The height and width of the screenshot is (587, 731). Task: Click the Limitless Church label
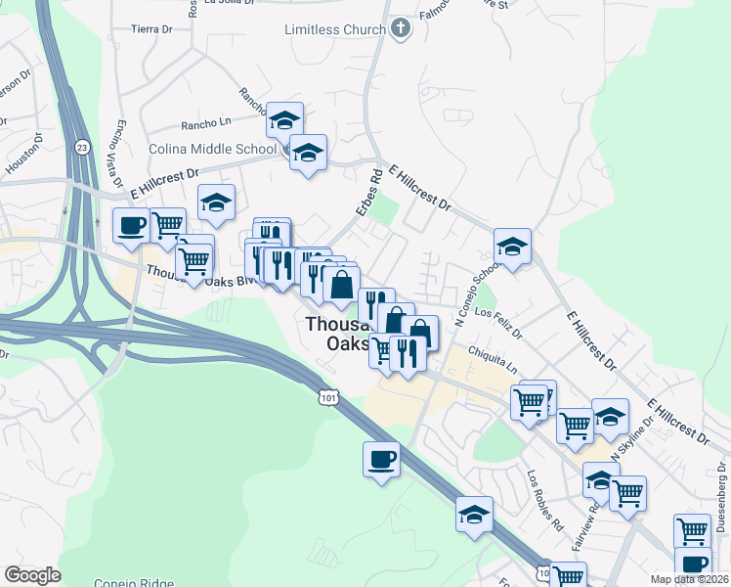(334, 29)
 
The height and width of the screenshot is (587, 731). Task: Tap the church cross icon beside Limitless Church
(400, 29)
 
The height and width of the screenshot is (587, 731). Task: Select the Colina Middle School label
(213, 149)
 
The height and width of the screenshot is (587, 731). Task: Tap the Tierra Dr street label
(150, 29)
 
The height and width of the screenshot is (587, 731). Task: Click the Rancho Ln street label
(204, 125)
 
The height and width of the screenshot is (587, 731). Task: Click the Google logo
(32, 575)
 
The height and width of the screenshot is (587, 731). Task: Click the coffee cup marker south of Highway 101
(381, 458)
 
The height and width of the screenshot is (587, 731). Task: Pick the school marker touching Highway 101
(474, 514)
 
